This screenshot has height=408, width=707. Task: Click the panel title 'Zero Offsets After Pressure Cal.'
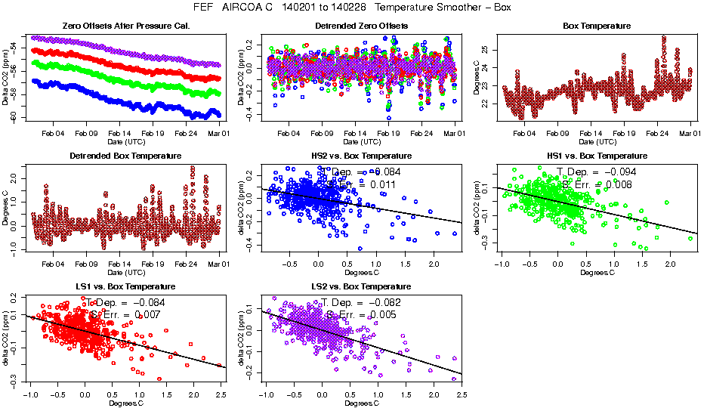pyautogui.click(x=125, y=26)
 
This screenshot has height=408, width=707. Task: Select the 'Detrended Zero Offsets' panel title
pyautogui.click(x=361, y=26)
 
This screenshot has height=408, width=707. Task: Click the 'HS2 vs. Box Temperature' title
pyautogui.click(x=361, y=156)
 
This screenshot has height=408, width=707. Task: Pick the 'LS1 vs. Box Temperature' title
pyautogui.click(x=125, y=287)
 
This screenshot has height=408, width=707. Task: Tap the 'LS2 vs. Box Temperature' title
pyautogui.click(x=361, y=287)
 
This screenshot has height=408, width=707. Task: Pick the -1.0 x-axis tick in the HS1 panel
pyautogui.click(x=502, y=264)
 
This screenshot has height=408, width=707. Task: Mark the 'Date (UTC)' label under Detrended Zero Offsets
pyautogui.click(x=361, y=142)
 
